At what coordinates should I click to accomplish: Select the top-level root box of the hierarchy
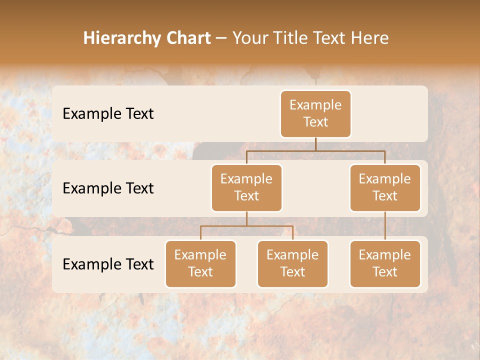(x=315, y=113)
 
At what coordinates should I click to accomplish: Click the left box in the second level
(x=246, y=187)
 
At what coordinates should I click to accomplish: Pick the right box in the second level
(x=385, y=187)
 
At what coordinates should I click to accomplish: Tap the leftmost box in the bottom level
(x=200, y=263)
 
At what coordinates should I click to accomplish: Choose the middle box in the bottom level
(x=292, y=263)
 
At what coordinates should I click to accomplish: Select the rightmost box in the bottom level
(x=385, y=263)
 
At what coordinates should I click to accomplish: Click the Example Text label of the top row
(x=108, y=113)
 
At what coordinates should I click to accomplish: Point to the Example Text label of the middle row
(x=108, y=188)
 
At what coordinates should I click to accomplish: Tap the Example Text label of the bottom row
(x=108, y=264)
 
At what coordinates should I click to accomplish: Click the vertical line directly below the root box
(x=315, y=144)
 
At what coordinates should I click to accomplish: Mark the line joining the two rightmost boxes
(x=385, y=226)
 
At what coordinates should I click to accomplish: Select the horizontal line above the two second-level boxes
(x=315, y=150)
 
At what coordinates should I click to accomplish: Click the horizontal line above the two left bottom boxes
(x=246, y=226)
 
